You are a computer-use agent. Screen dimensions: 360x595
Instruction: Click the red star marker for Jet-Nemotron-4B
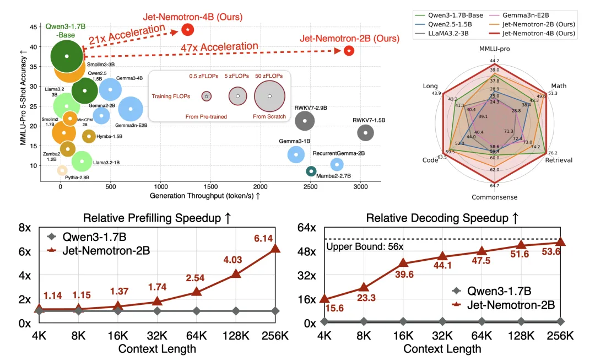tap(188, 29)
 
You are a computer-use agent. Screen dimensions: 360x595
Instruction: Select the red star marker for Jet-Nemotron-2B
tap(349, 51)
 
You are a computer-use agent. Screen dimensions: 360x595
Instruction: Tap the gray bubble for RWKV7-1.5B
tap(366, 132)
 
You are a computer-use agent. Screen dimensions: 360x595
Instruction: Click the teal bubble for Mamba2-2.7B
tap(311, 171)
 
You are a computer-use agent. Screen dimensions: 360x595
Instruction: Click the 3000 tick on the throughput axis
tap(360, 187)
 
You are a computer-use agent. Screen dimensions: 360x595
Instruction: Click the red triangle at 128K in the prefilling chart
tap(236, 273)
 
